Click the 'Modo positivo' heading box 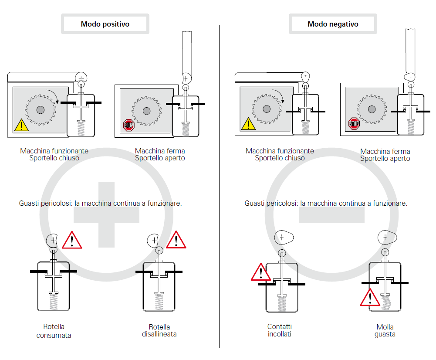pos(105,24)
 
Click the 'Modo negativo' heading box pos(333,24)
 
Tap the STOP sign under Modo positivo pos(128,126)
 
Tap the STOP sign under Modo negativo pos(354,124)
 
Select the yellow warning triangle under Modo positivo pos(21,126)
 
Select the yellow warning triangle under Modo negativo pos(248,124)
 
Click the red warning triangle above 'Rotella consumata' pos(72,241)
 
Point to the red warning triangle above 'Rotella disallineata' pos(176,240)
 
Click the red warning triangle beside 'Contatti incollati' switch pos(260,272)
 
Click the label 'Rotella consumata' pos(54,331)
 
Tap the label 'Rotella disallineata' pos(159,331)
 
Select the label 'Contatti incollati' pos(279,330)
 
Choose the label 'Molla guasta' pos(385,331)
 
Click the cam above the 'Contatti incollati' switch pos(283,238)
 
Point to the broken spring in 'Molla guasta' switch pos(385,301)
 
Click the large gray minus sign pos(331,214)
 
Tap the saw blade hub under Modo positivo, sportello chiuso pos(41,109)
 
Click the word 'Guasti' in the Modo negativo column pos(254,203)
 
